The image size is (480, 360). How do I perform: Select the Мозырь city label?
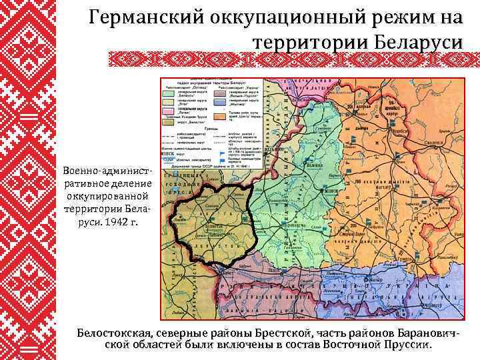[x=368, y=281]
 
